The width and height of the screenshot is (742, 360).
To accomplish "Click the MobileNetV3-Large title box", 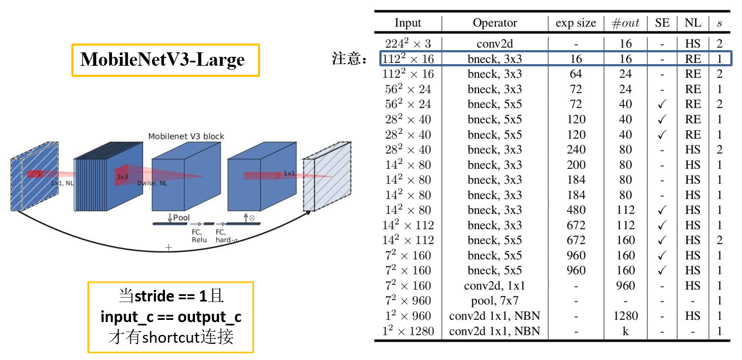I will (165, 60).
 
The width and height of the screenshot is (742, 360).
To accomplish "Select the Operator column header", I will (495, 23).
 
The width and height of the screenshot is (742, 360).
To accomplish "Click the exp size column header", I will (575, 23).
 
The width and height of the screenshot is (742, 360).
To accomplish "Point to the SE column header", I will (662, 23).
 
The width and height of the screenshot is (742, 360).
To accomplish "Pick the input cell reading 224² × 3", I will (408, 43).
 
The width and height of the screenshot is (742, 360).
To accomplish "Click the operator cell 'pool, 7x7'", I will (495, 301).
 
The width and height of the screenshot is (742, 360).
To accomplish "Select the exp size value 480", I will (575, 210).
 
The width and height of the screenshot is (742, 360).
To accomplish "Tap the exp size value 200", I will (575, 165).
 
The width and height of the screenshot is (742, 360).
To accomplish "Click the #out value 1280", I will (626, 316).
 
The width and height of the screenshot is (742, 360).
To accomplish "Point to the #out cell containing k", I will (626, 331).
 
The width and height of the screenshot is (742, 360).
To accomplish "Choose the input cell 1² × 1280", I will (408, 331).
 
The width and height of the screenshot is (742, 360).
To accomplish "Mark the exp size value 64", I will (575, 74).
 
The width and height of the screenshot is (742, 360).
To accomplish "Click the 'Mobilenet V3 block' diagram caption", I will (186, 137).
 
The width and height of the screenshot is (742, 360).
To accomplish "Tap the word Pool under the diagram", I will (181, 217).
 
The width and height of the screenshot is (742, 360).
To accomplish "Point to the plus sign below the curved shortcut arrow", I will (169, 247).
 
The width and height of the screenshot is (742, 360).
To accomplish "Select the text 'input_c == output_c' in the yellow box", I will (170, 317).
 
